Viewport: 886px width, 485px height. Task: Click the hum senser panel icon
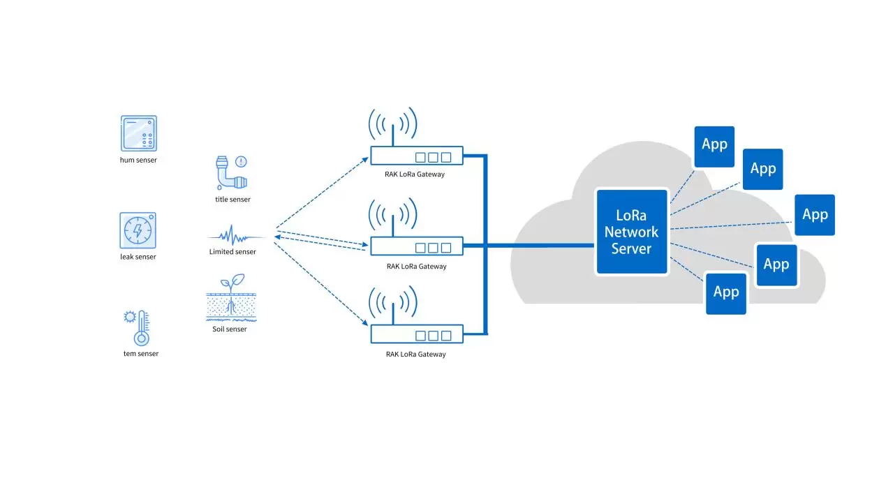[138, 133]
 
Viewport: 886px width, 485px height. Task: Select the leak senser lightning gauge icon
[138, 230]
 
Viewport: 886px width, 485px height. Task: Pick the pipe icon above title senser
[230, 173]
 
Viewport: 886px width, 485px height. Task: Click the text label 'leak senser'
[138, 257]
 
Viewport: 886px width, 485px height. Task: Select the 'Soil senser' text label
[230, 329]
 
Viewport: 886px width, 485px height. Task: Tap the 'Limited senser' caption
[232, 252]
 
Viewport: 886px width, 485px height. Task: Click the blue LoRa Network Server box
[632, 231]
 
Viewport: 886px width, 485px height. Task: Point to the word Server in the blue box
[631, 248]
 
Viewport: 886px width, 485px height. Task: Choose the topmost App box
[714, 145]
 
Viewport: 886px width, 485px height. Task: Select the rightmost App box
[815, 214]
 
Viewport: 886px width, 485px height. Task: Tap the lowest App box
[725, 292]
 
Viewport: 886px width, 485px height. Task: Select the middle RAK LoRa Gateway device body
[416, 246]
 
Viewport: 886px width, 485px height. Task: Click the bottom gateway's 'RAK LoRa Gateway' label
[415, 355]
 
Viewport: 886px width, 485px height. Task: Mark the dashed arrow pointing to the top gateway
[321, 192]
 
